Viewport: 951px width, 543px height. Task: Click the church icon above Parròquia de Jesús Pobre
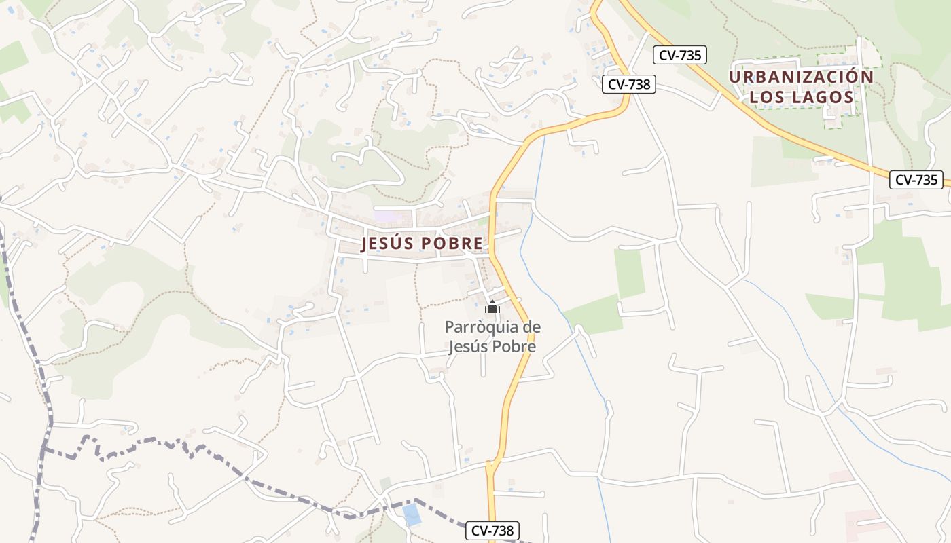click(x=492, y=307)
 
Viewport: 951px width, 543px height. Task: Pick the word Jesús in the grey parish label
click(x=469, y=346)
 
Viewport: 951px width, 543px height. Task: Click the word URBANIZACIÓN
click(x=802, y=77)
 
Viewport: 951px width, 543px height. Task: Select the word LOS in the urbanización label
click(x=768, y=97)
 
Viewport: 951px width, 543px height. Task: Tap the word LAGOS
click(x=823, y=97)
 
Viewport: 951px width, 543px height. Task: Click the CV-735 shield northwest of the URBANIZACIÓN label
click(x=680, y=55)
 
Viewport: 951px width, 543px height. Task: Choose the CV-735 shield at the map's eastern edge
click(x=916, y=180)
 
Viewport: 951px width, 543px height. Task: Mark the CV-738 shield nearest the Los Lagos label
click(x=628, y=84)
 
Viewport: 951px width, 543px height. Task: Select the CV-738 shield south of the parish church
click(x=492, y=531)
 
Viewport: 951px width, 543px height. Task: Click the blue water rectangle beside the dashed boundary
click(x=412, y=514)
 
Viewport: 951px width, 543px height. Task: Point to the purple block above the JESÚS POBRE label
click(x=385, y=216)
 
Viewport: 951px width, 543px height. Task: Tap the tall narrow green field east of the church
click(x=630, y=273)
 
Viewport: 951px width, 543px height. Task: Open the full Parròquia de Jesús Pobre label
click(x=492, y=337)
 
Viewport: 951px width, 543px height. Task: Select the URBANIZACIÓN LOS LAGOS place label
click(x=802, y=87)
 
